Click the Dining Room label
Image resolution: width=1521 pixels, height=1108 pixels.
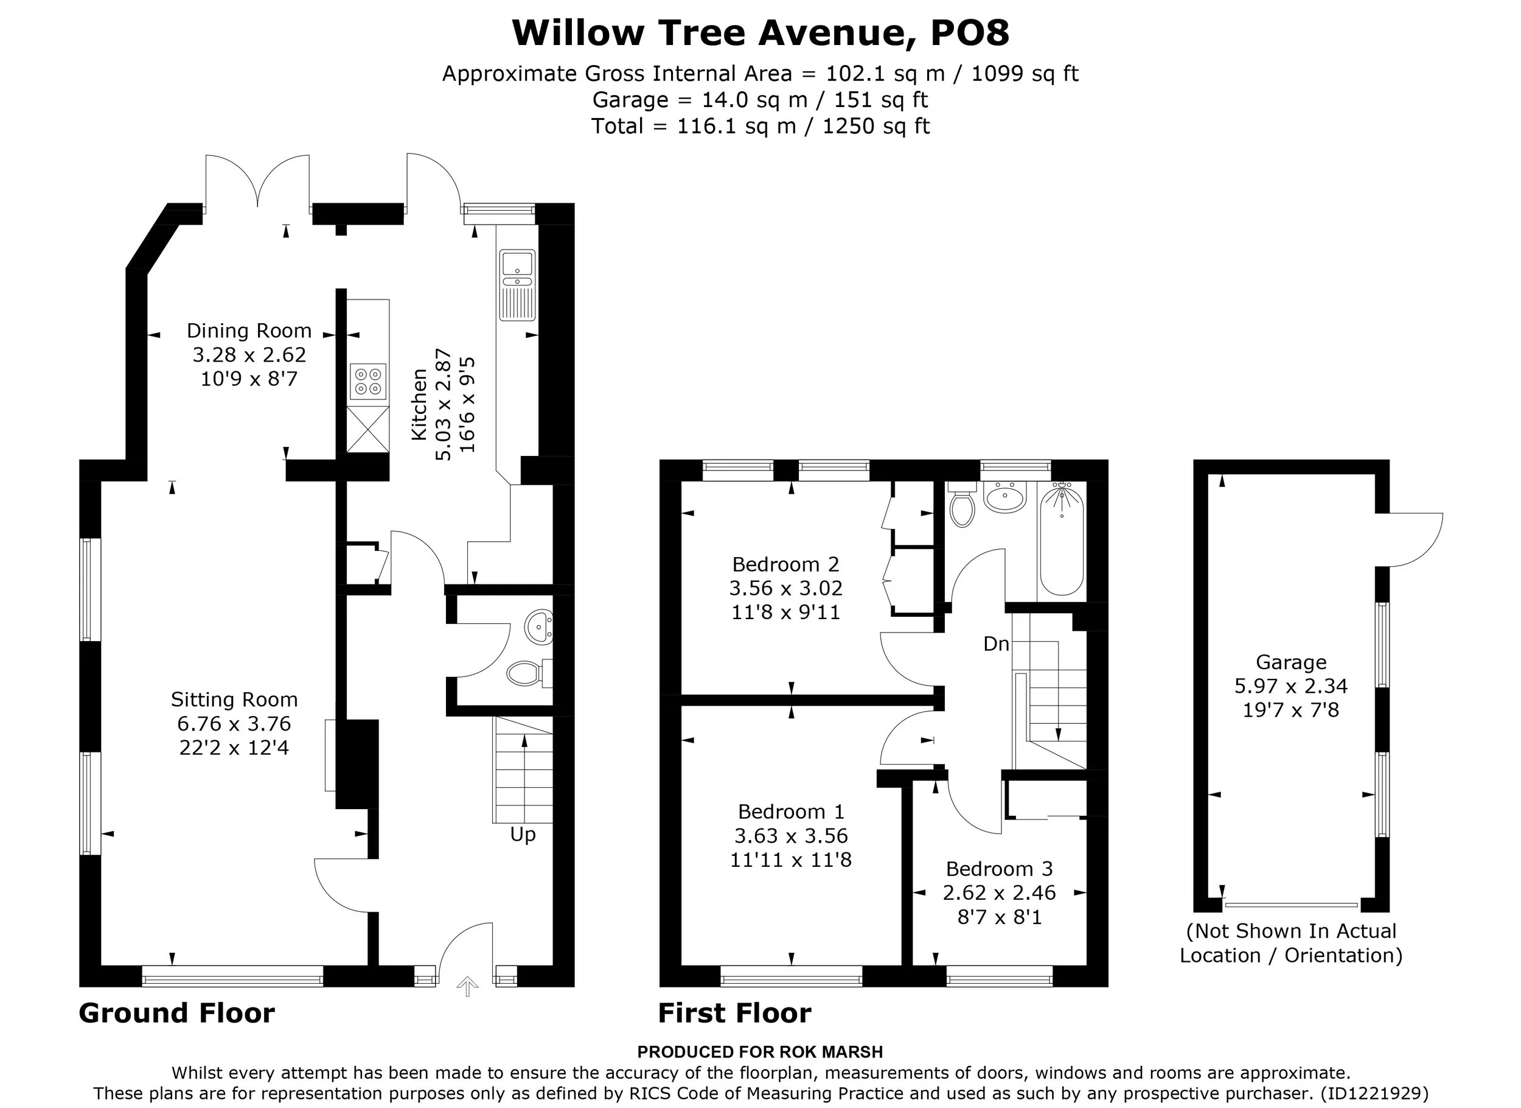tap(249, 330)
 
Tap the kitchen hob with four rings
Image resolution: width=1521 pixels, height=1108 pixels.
tap(368, 382)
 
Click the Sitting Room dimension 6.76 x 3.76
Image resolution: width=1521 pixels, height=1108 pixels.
tap(234, 723)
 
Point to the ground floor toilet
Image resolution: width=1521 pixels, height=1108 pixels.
tap(529, 673)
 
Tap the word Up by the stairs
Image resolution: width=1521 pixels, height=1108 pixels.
tap(523, 835)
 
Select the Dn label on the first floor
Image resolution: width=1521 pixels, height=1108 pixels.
tap(996, 644)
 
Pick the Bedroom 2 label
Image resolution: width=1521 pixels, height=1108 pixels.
tap(785, 564)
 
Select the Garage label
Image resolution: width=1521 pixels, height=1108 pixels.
tap(1291, 662)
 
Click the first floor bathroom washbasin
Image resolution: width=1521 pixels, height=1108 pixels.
tap(1004, 497)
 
